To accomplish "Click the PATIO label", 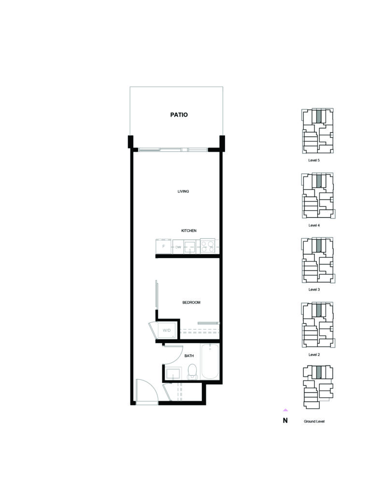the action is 179,115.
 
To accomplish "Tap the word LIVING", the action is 183,191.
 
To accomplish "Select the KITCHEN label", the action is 189,231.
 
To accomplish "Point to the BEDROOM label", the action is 191,303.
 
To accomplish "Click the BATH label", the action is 189,356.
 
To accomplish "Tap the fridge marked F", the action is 163,246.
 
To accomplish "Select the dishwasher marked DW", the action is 178,247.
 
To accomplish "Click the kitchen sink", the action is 190,247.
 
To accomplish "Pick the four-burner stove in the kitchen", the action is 208,247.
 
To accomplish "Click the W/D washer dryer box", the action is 167,331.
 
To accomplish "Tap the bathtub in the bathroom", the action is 210,361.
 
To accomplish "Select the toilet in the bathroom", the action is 192,372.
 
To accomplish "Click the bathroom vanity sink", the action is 173,373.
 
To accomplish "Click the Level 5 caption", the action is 314,160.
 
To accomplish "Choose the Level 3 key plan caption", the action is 314,290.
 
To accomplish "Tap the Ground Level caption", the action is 314,422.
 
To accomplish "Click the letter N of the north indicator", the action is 285,421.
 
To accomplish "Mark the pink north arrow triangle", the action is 285,410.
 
